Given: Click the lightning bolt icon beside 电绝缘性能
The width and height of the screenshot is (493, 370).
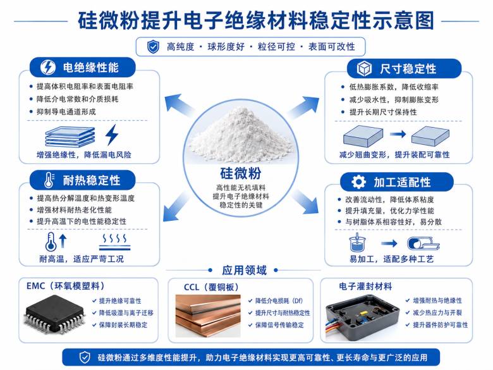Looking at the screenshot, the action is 48,67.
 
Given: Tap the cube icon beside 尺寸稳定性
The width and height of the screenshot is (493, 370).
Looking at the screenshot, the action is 364,68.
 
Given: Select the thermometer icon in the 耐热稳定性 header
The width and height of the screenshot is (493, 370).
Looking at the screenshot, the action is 49,180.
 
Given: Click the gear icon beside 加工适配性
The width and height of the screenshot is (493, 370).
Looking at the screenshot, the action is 358,182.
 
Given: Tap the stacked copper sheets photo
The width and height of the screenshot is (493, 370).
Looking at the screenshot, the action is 208,316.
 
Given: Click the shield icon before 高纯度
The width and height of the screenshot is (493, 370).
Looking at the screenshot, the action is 153,47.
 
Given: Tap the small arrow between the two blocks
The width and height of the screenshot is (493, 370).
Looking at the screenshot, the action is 398,134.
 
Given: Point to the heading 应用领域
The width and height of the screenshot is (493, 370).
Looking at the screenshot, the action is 245,270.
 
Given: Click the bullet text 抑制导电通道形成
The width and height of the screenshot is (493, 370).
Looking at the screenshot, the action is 66,112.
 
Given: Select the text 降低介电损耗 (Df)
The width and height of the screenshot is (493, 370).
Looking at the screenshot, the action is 279,301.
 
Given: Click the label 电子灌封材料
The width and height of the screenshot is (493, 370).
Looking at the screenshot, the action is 365,287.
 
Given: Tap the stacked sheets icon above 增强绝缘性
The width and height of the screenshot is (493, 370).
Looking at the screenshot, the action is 70,137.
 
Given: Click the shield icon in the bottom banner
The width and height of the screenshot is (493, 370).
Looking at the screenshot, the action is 84,357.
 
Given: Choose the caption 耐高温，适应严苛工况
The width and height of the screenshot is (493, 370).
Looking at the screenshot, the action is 82,259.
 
